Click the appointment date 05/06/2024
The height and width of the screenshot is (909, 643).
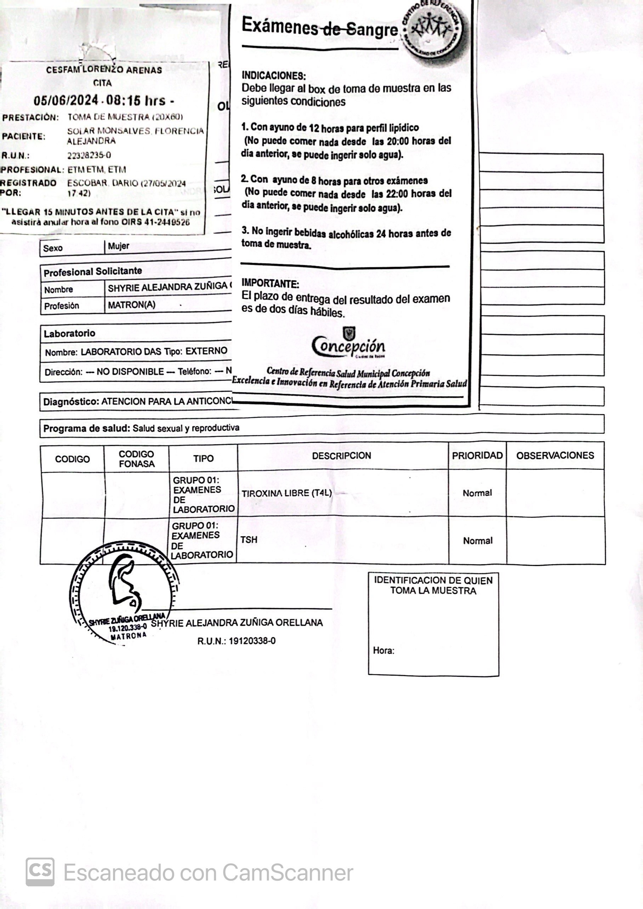pyautogui.click(x=66, y=101)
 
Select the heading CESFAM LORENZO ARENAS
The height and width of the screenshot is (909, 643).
pyautogui.click(x=104, y=70)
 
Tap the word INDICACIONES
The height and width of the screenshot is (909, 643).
pyautogui.click(x=274, y=75)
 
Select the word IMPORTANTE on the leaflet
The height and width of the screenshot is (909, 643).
pyautogui.click(x=271, y=284)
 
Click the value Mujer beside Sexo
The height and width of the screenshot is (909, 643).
pyautogui.click(x=118, y=246)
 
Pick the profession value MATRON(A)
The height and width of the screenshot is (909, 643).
pyautogui.click(x=131, y=305)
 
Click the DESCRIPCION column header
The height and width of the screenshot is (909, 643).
pyautogui.click(x=341, y=456)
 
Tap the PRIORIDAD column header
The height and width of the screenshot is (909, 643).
pyautogui.click(x=477, y=455)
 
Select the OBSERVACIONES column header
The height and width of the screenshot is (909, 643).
pyautogui.click(x=555, y=455)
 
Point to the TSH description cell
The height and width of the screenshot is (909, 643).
pyautogui.click(x=249, y=539)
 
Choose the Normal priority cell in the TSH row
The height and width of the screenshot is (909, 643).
pyautogui.click(x=478, y=541)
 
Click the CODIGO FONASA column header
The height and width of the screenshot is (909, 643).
pyautogui.click(x=136, y=459)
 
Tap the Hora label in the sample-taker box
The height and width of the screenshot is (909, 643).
pyautogui.click(x=383, y=651)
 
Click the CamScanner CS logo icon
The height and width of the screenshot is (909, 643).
pyautogui.click(x=40, y=872)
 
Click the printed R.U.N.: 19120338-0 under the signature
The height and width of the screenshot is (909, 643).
pyautogui.click(x=237, y=641)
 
